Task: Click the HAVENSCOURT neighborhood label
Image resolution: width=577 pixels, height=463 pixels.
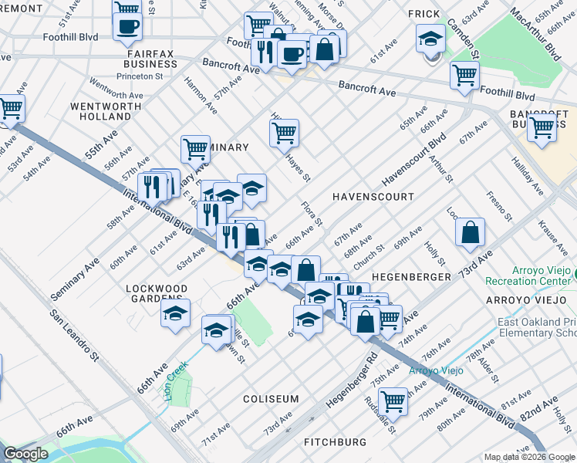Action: coord(373,197)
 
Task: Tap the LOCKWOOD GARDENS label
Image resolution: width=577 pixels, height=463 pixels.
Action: coord(157,294)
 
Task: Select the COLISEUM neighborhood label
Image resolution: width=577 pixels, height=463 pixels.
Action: coord(271,399)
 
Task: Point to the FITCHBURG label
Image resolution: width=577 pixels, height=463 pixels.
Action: coord(334,442)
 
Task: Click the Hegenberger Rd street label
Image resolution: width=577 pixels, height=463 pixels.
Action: coord(350,382)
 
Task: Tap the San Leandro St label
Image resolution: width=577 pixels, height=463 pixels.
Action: coord(75,336)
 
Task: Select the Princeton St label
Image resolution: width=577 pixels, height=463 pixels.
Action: coord(139,76)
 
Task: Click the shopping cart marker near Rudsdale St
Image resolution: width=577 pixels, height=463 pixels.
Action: coord(393,400)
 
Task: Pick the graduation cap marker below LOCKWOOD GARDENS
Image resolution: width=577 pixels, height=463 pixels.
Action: coord(175,313)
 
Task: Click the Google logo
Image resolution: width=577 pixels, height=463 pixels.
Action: coord(25,454)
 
